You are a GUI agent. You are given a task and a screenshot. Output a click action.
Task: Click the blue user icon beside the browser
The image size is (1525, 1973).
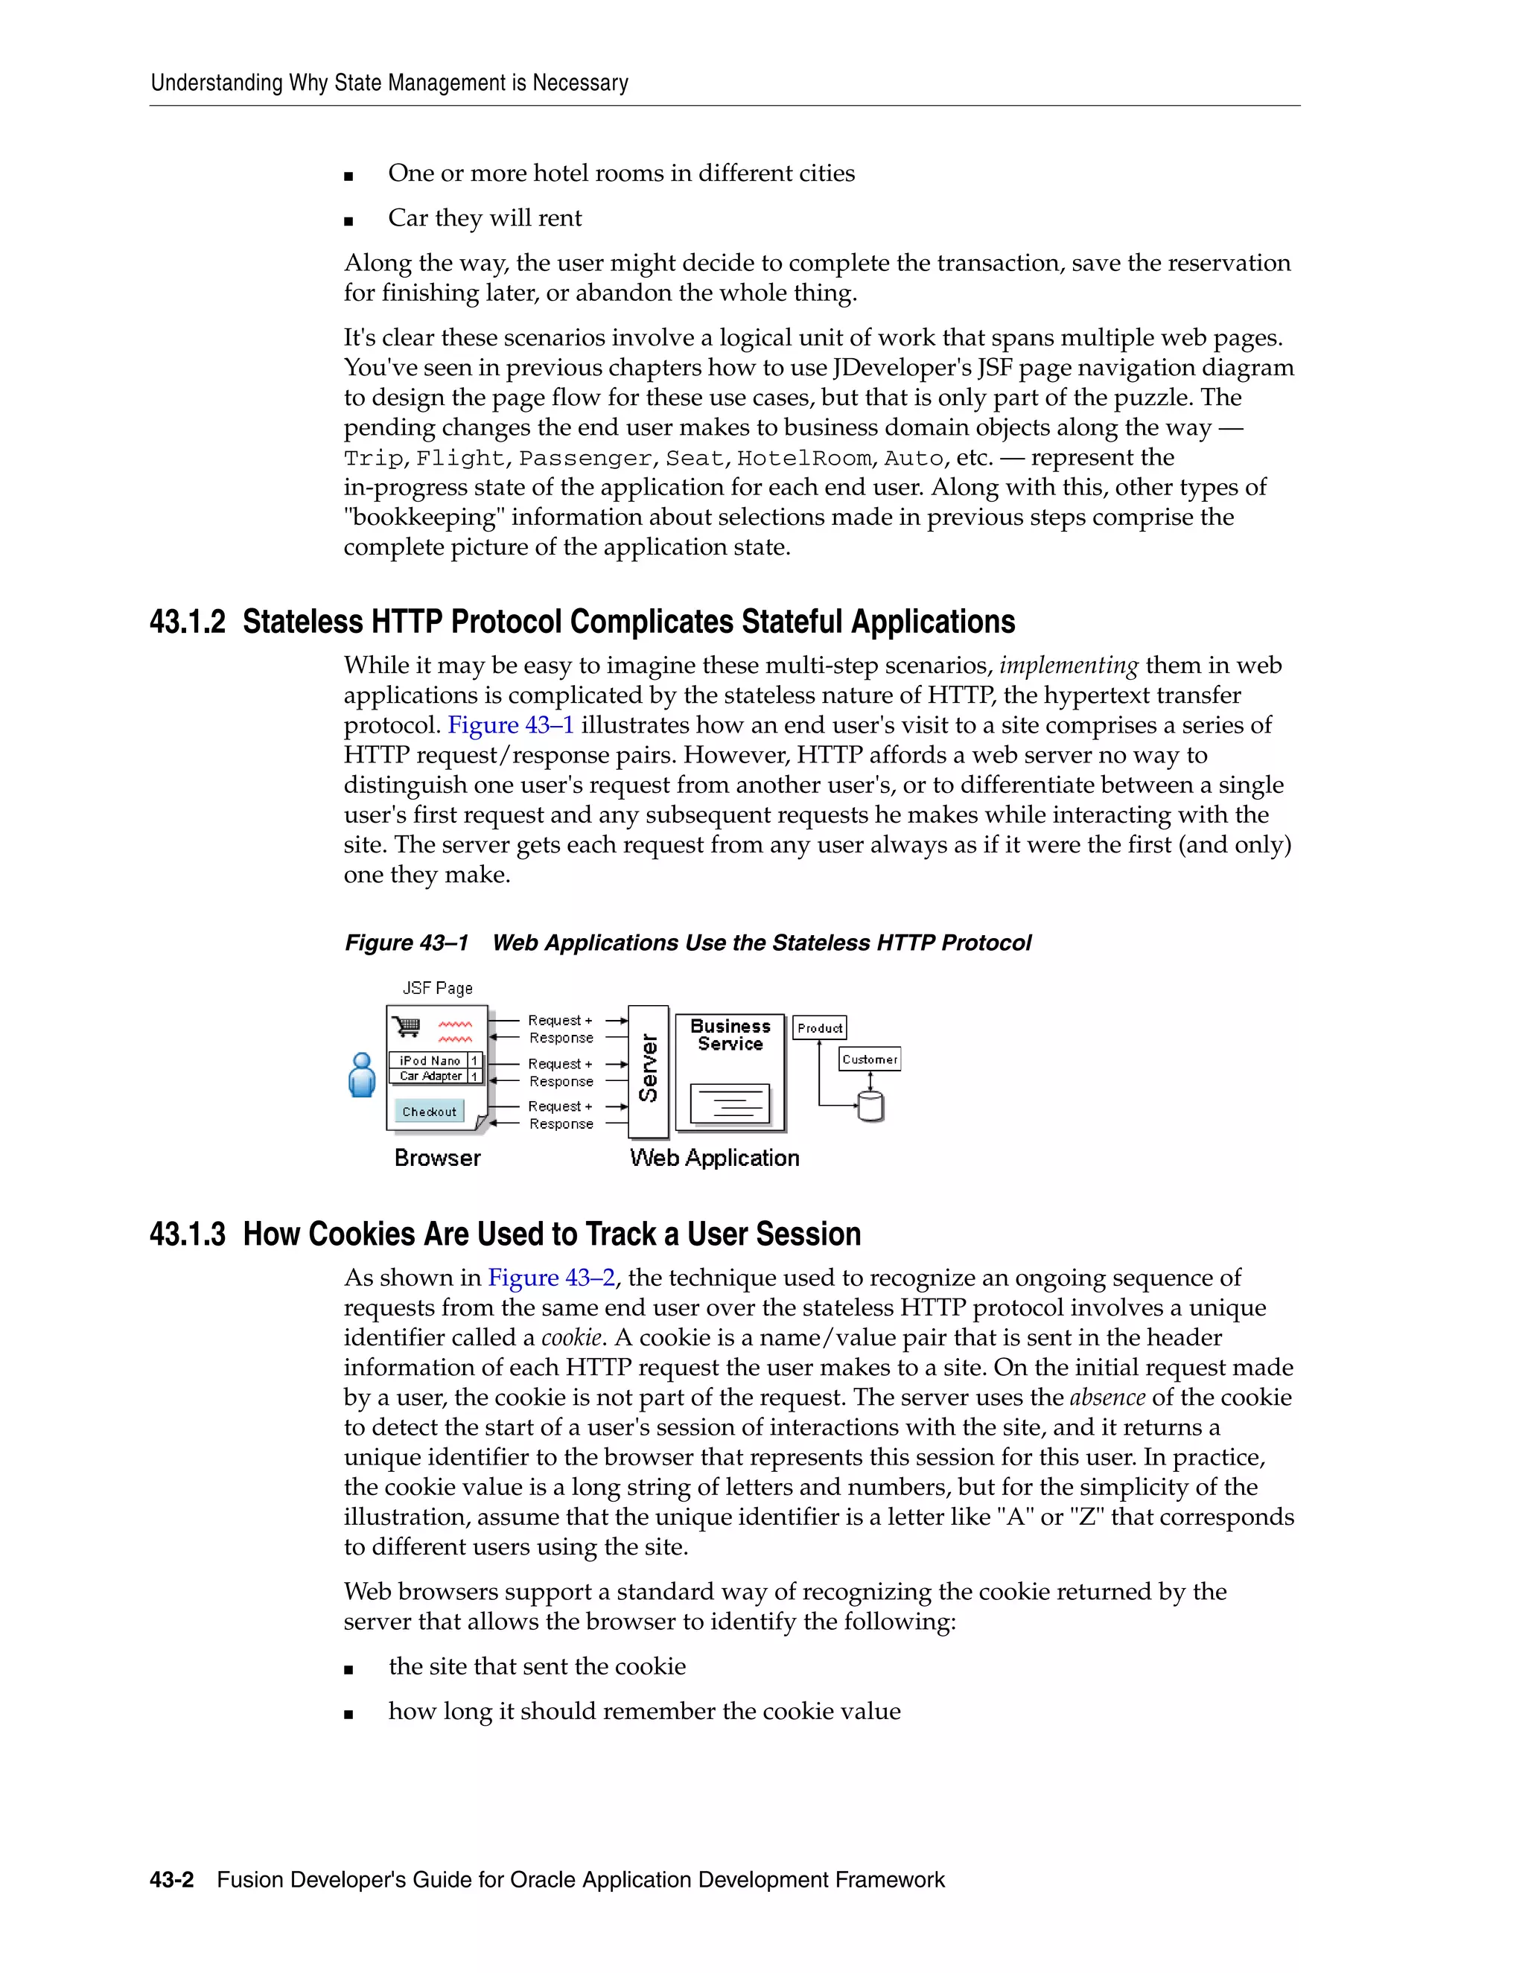pos(361,1075)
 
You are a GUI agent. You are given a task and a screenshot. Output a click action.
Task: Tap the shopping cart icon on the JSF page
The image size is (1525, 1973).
pos(407,1027)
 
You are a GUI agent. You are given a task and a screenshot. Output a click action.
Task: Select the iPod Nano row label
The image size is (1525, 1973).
pos(430,1060)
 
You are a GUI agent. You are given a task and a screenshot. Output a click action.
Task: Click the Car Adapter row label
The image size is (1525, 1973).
pos(430,1076)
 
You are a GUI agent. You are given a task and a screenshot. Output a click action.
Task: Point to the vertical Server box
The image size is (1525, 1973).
pos(648,1071)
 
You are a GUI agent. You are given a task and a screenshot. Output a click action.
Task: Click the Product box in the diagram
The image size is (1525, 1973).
pos(819,1028)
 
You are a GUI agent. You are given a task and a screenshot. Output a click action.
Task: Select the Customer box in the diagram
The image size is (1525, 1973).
pos(869,1059)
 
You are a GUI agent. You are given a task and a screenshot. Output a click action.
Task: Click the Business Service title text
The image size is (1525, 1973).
pos(730,1036)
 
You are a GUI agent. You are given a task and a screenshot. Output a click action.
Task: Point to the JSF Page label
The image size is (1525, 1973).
pos(437,988)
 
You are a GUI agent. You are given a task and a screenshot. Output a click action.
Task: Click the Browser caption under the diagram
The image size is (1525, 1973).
pos(437,1158)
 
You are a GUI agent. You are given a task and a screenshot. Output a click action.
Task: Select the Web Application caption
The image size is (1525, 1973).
pos(715,1158)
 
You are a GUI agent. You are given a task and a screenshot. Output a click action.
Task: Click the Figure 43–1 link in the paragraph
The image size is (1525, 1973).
pos(510,725)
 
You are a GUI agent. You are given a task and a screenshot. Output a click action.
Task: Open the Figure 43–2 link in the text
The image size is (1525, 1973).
pos(551,1278)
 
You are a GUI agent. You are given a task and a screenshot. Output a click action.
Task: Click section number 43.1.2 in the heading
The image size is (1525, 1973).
pos(187,622)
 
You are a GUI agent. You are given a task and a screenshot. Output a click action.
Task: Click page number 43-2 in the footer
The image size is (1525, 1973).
pos(172,1880)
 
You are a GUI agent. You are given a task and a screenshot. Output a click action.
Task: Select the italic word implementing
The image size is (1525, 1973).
pos(1068,666)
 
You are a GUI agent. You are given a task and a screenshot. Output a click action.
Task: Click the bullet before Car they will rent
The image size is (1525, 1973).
pos(348,220)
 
